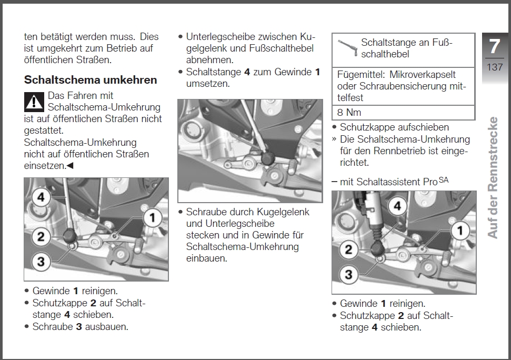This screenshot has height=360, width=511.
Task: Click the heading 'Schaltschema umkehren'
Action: [91, 80]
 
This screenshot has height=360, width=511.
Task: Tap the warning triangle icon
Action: [34, 101]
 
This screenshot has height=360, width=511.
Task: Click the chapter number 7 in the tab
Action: [494, 46]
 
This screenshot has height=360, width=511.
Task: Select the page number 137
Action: [495, 67]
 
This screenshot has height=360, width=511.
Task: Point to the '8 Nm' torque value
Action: [349, 112]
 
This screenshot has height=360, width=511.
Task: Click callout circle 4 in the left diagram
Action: [41, 198]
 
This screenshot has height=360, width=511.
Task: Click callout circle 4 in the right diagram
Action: [397, 206]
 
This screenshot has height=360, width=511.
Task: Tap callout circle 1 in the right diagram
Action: [460, 230]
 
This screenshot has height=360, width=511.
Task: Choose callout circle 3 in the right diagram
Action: [348, 274]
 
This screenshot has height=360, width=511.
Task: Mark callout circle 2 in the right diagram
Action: [348, 249]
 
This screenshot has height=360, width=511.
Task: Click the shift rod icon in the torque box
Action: [347, 46]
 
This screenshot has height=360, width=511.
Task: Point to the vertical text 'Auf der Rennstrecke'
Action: [493, 177]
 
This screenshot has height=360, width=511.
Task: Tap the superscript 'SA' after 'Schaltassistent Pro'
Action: [444, 180]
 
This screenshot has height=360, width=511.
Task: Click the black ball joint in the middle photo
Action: [268, 156]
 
